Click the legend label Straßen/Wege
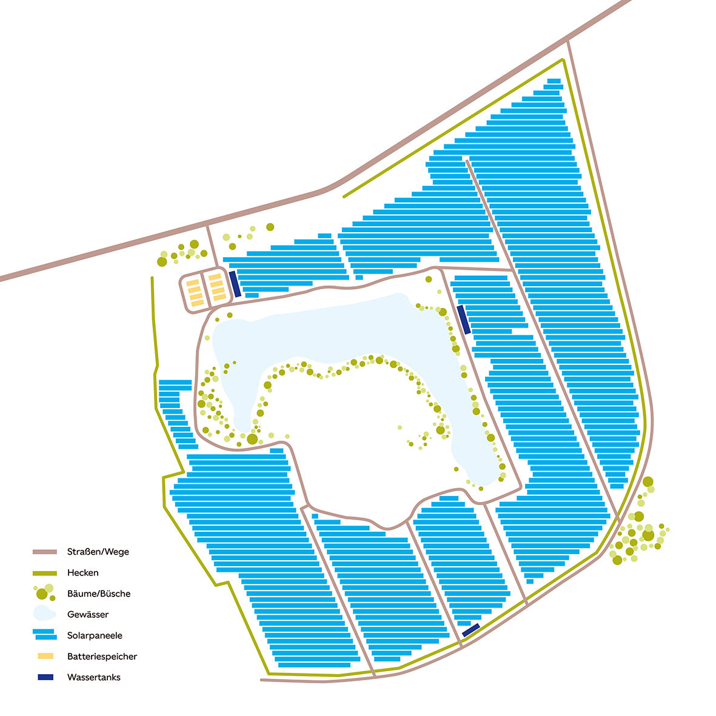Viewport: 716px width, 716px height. coord(98,552)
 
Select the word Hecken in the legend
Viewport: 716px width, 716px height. coord(83,572)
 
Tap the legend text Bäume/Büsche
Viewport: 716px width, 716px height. coord(99,594)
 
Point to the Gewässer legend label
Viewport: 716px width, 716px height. coord(88,614)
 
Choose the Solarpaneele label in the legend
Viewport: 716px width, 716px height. coord(95,635)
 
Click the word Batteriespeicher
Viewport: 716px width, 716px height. coord(102,656)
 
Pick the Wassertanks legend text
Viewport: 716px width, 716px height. coord(94,677)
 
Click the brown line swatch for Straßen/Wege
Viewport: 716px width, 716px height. coord(45,552)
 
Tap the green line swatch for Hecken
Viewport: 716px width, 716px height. coord(45,572)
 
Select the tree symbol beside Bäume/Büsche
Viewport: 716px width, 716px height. coord(44,592)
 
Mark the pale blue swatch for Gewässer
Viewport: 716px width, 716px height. coord(44,614)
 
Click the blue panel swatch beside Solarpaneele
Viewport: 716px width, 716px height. coord(45,635)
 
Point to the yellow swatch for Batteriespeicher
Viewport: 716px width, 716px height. coord(45,656)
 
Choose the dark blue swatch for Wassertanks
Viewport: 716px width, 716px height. coord(45,677)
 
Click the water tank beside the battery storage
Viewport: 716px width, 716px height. coord(235,284)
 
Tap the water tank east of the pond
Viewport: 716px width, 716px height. coord(464,320)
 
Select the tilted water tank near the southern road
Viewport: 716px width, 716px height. coord(471,630)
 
